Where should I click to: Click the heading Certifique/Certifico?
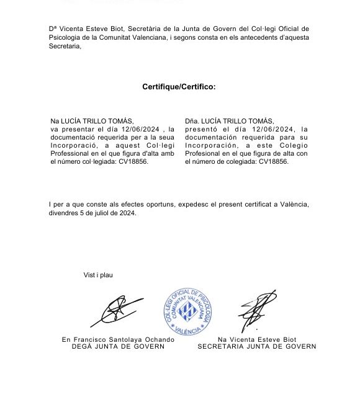coord(179,87)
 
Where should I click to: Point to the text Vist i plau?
coord(99,275)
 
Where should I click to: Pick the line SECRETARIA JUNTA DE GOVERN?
coord(256,347)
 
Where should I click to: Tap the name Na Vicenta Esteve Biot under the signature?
coord(256,340)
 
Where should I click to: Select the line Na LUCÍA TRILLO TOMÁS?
coord(91,120)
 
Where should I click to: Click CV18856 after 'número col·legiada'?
coord(133,161)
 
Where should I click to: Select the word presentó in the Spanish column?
coord(202,128)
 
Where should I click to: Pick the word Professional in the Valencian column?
coord(68,153)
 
